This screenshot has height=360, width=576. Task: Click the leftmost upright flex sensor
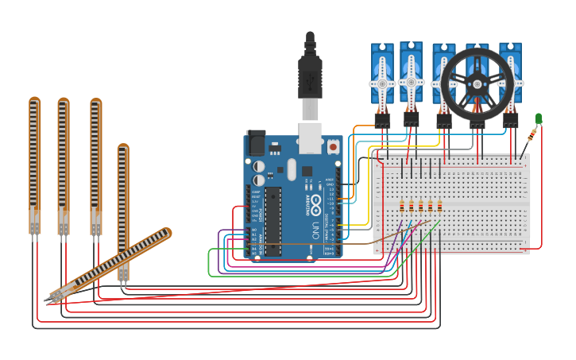pos(34,163)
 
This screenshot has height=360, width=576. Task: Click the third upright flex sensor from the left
pos(95,163)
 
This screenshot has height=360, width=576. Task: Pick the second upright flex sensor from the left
pos(63,163)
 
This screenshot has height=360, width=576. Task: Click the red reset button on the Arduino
pos(332,147)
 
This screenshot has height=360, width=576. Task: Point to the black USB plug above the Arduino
pos(310,75)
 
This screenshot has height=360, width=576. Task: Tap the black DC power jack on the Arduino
pos(255,142)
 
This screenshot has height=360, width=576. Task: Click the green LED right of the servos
pos(539,119)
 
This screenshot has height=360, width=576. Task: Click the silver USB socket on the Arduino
pos(310,137)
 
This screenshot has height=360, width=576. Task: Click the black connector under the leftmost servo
pos(382,120)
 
